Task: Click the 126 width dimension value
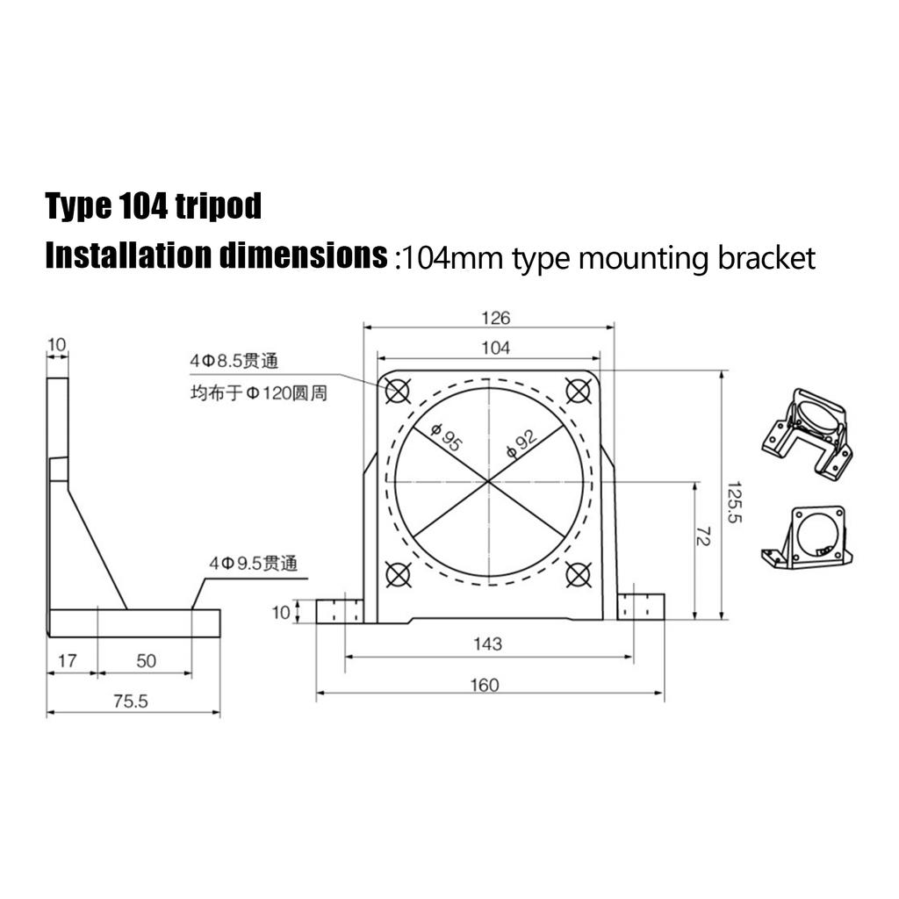(495, 319)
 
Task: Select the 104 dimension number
(495, 349)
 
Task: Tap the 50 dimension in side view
(146, 661)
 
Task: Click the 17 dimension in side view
(67, 661)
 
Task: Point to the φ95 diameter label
(446, 438)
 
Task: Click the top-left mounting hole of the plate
(398, 391)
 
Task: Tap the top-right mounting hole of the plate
(577, 390)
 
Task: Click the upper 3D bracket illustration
(806, 434)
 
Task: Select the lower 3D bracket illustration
(807, 536)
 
